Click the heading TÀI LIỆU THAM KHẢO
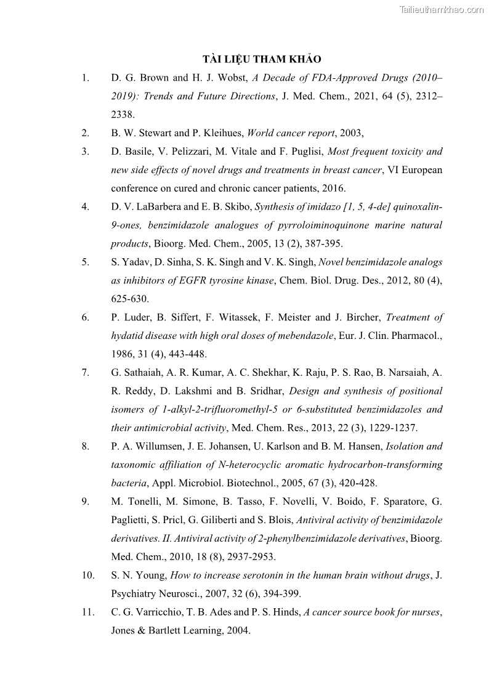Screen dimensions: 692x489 [x=262, y=59]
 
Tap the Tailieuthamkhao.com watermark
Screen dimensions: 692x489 [x=442, y=9]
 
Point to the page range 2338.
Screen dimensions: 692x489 [x=122, y=115]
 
